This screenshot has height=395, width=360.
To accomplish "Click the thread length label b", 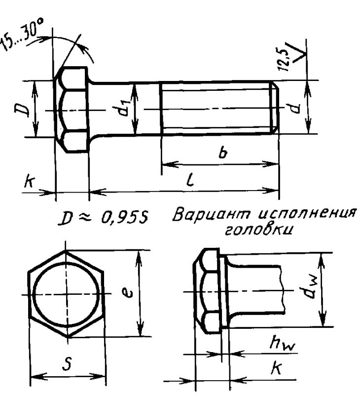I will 223,153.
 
